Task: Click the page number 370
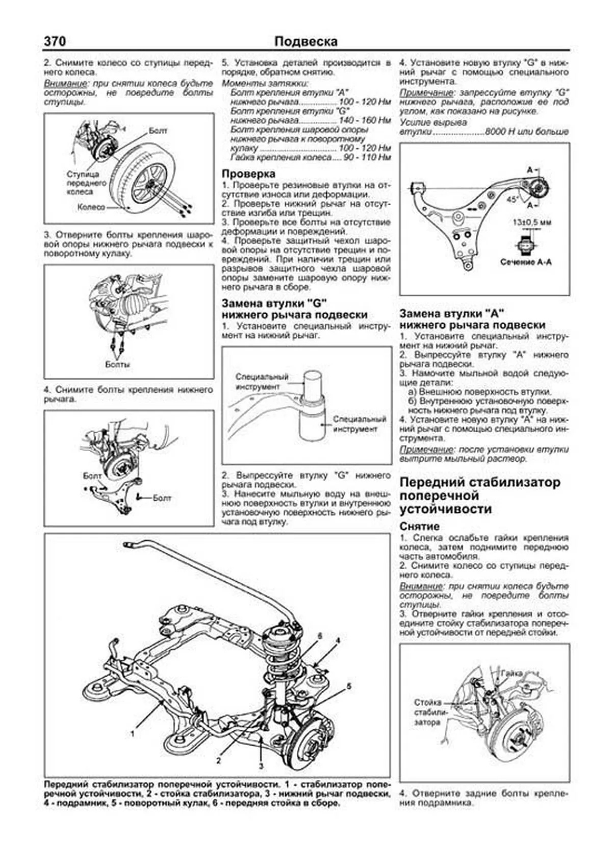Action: [x=55, y=41]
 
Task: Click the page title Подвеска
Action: [x=305, y=41]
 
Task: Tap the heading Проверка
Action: [x=248, y=174]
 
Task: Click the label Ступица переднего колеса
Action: [x=80, y=183]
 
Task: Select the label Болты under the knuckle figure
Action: [x=117, y=364]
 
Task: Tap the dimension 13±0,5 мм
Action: [x=531, y=222]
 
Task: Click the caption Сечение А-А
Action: [x=526, y=262]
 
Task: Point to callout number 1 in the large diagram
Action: [x=133, y=734]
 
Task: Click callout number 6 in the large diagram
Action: [x=320, y=636]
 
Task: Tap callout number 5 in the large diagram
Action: [x=349, y=686]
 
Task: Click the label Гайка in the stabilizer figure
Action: [x=511, y=673]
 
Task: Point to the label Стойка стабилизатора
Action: [x=427, y=712]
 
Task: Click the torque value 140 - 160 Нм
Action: [x=365, y=120]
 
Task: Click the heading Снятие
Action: [x=419, y=526]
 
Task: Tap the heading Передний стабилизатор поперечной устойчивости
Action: [x=479, y=496]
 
